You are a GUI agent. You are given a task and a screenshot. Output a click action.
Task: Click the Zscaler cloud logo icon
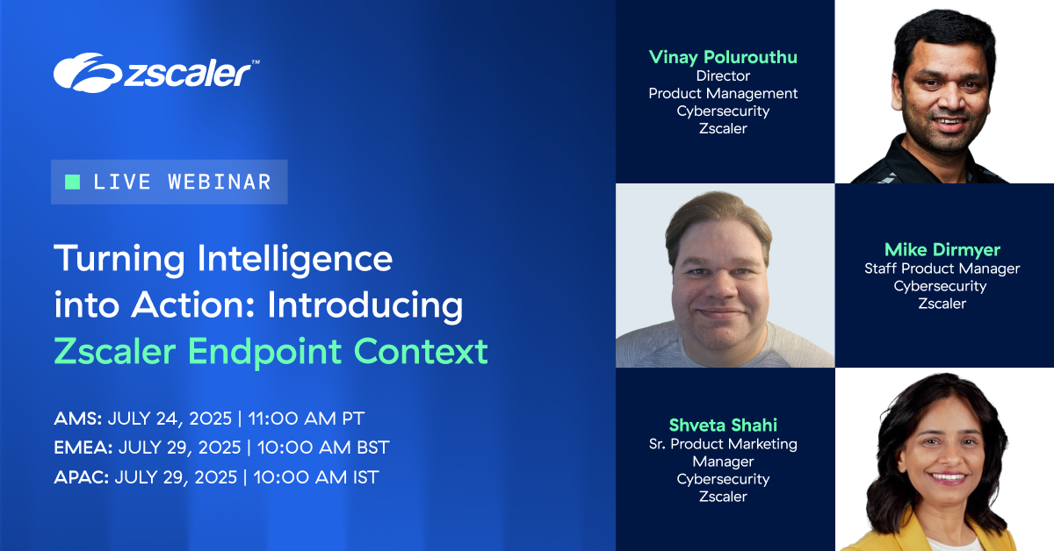(x=84, y=72)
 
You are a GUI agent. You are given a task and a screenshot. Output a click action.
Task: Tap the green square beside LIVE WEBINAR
(x=73, y=182)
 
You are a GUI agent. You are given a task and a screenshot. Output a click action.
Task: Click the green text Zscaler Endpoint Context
(x=271, y=351)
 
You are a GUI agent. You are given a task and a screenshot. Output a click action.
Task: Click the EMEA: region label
(x=83, y=447)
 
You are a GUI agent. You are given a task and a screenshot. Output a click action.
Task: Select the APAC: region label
(x=81, y=477)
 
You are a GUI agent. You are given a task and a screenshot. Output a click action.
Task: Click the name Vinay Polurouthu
(x=723, y=57)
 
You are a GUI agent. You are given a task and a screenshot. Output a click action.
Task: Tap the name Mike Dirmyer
(x=942, y=250)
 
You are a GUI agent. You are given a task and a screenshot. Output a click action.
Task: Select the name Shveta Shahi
(x=723, y=426)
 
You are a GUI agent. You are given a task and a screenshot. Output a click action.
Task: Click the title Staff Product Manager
(x=942, y=268)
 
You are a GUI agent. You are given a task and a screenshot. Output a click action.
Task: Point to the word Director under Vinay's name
(x=723, y=75)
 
